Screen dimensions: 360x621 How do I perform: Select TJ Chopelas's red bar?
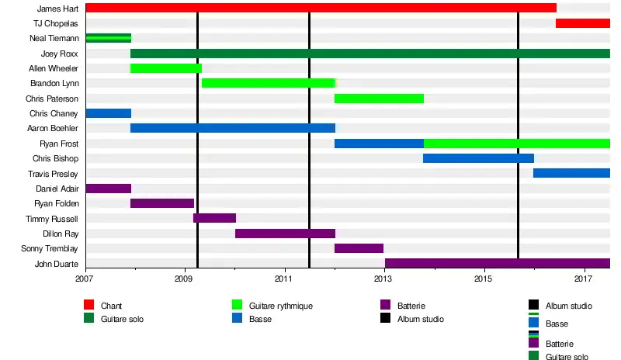pos(583,22)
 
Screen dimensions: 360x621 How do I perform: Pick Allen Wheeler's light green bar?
pos(166,68)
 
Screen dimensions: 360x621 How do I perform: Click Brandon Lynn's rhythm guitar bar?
pos(269,83)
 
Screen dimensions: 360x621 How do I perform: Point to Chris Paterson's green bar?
pos(379,99)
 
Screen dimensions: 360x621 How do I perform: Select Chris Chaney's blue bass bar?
pos(108,113)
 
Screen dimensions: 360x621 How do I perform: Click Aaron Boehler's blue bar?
pos(233,128)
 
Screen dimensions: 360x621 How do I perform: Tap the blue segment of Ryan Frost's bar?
pos(379,144)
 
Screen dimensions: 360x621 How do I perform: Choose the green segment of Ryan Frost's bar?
pos(517,144)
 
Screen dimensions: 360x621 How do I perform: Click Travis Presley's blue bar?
pos(571,173)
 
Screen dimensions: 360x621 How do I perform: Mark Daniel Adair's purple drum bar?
pos(108,189)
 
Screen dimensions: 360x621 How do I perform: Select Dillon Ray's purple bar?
pos(285,234)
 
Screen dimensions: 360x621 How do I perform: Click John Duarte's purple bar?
pos(497,263)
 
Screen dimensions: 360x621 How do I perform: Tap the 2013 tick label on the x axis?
pos(383,278)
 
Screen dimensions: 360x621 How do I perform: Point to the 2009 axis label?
pos(184,278)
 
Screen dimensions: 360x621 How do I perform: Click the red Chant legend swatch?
pos(89,306)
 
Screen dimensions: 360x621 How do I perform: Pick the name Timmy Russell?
pos(52,219)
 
